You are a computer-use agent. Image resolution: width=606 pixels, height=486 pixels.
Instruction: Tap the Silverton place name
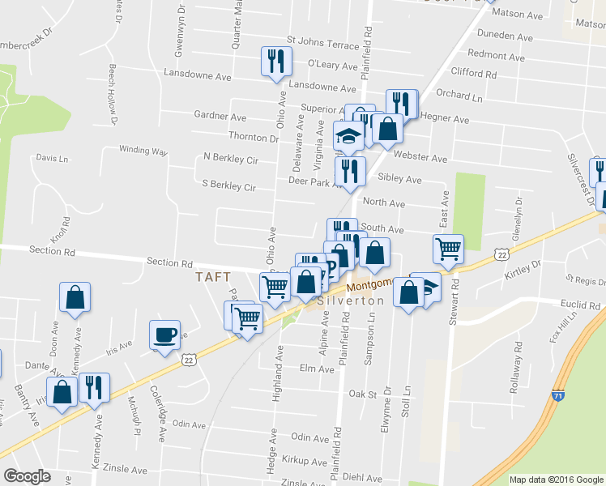(349, 300)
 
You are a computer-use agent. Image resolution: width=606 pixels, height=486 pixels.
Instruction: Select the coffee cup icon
(164, 335)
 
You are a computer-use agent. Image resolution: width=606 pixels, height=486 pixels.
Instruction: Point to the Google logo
(27, 475)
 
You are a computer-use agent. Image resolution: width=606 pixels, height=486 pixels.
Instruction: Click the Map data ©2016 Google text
(556, 480)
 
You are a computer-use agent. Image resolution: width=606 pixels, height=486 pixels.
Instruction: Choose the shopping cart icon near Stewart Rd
(448, 249)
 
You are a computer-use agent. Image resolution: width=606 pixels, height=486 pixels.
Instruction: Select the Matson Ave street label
(523, 15)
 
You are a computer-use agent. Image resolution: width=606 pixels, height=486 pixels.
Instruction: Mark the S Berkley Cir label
(229, 186)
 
